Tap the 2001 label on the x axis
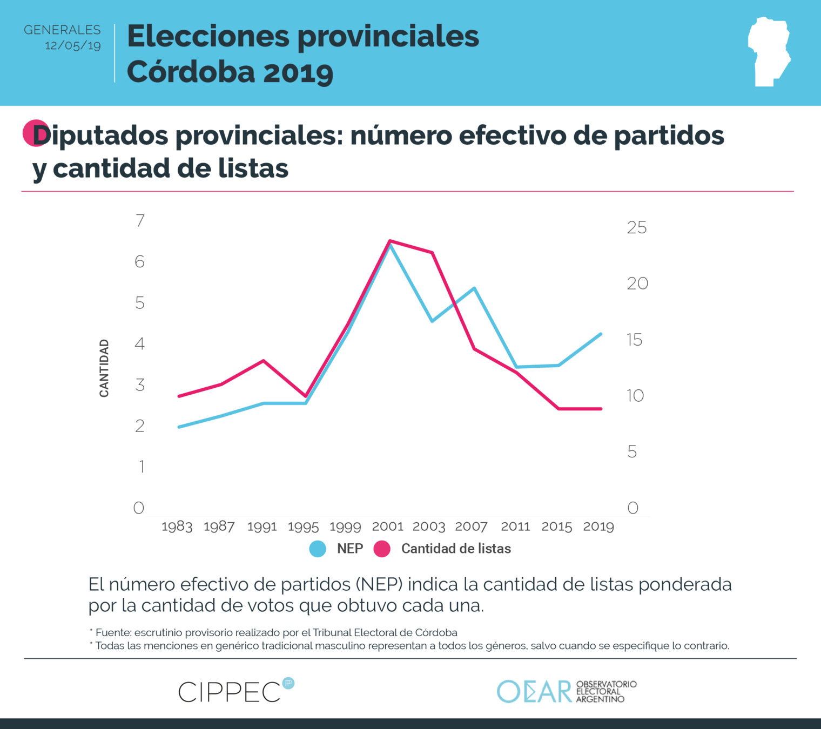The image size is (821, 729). point(388,526)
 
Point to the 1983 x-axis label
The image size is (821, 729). point(177,526)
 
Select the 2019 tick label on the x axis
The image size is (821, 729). point(598,526)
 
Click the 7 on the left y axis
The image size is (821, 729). point(140,220)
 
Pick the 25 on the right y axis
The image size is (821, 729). point(637,228)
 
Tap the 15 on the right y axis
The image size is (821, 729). point(635,340)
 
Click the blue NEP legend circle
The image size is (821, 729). point(318,549)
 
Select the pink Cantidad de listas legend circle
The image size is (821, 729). point(382,549)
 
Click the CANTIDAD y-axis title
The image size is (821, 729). point(104,368)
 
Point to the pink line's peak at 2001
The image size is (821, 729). point(390,241)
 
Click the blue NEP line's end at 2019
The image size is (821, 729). point(601,334)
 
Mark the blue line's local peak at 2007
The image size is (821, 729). point(474,288)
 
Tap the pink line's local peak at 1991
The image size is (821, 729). point(264,361)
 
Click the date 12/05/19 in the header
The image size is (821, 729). point(72,46)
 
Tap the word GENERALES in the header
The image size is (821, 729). point(62,30)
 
